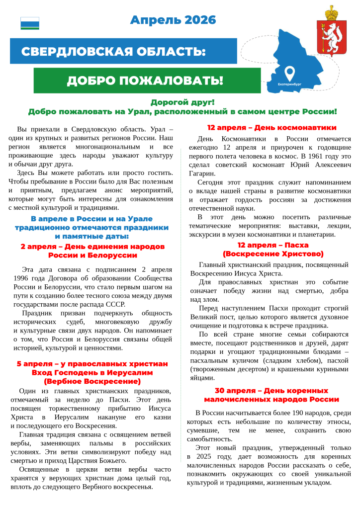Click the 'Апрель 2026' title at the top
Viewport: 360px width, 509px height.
click(173, 20)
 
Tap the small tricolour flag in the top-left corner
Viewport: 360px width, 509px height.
click(30, 23)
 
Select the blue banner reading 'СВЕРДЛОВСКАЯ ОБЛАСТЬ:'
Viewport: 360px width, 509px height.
click(113, 51)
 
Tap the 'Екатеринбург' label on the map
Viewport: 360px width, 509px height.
click(290, 85)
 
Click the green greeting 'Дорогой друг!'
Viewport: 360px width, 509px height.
click(182, 102)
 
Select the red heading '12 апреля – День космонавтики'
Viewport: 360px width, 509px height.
click(271, 128)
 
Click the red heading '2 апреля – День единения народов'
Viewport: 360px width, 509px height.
click(93, 247)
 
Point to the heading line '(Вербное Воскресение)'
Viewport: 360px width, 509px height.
click(92, 381)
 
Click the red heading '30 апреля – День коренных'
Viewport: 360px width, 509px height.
click(271, 391)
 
